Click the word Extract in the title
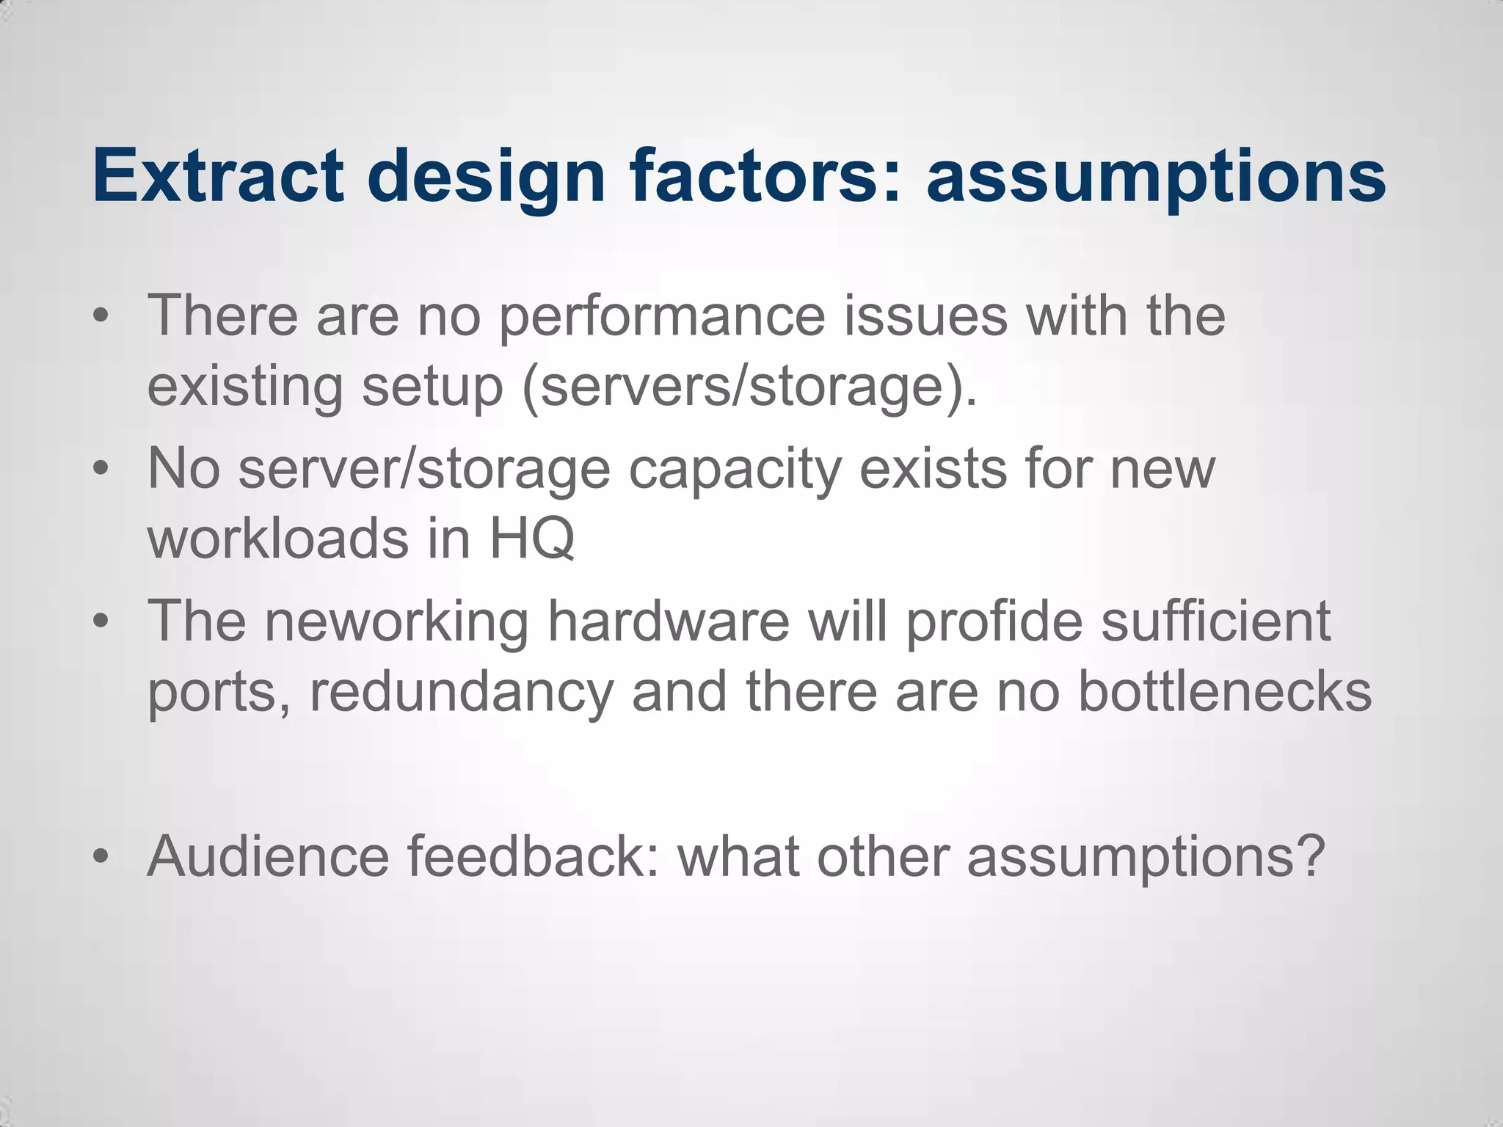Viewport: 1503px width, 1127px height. (x=218, y=176)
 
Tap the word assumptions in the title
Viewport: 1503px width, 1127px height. (x=1156, y=176)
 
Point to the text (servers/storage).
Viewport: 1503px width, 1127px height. (x=749, y=387)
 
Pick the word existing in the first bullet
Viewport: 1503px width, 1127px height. (x=244, y=386)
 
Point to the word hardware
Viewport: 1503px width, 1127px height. (x=668, y=621)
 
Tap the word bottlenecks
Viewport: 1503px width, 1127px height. (x=1224, y=691)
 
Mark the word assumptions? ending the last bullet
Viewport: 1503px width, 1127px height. (x=1146, y=857)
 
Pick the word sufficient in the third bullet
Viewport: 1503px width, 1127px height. (x=1215, y=621)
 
